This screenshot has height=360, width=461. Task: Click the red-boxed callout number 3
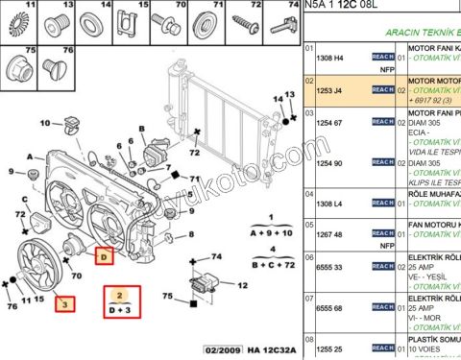(x=65, y=305)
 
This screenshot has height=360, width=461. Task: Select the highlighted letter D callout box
(x=105, y=255)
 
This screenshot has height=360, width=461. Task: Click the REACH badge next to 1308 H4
(x=382, y=59)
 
